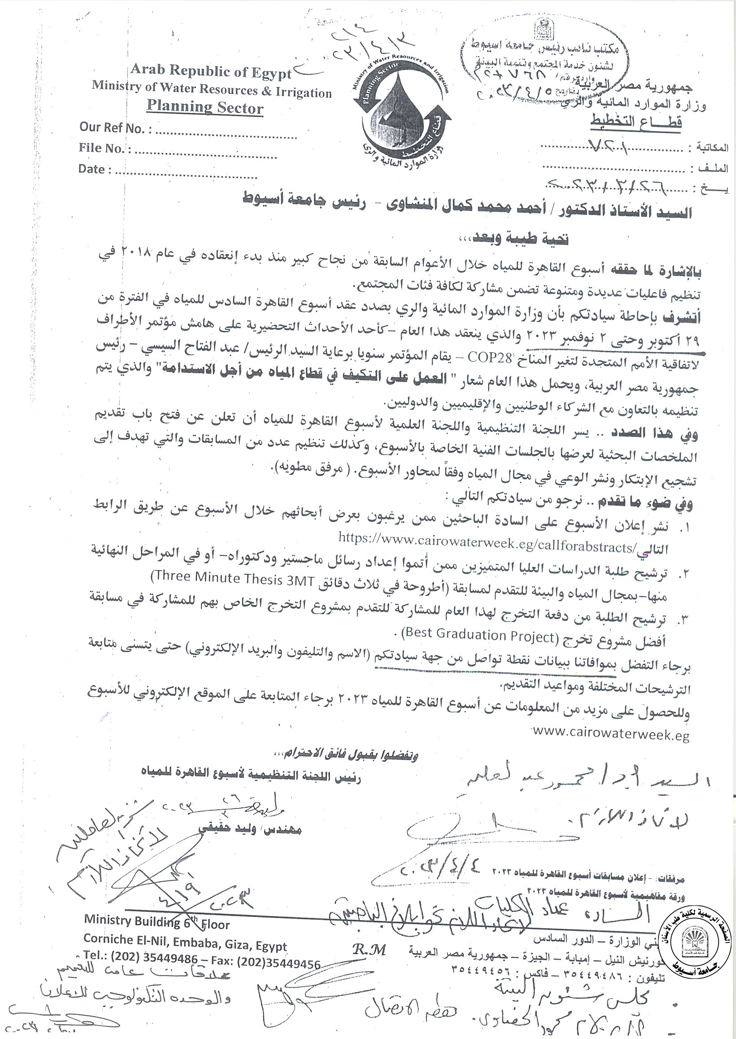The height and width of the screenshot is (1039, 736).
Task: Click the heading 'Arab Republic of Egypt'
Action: [211, 71]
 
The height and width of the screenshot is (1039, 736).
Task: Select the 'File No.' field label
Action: [104, 148]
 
